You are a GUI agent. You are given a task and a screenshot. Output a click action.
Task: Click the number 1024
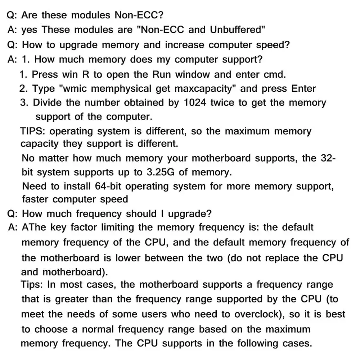195,103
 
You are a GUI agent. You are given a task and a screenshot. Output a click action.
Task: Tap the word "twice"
222,103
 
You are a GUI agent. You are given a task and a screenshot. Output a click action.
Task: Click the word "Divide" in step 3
48,103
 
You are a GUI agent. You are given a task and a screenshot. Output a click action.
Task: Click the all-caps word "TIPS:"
35,131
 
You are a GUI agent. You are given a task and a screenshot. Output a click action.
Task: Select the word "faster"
36,199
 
